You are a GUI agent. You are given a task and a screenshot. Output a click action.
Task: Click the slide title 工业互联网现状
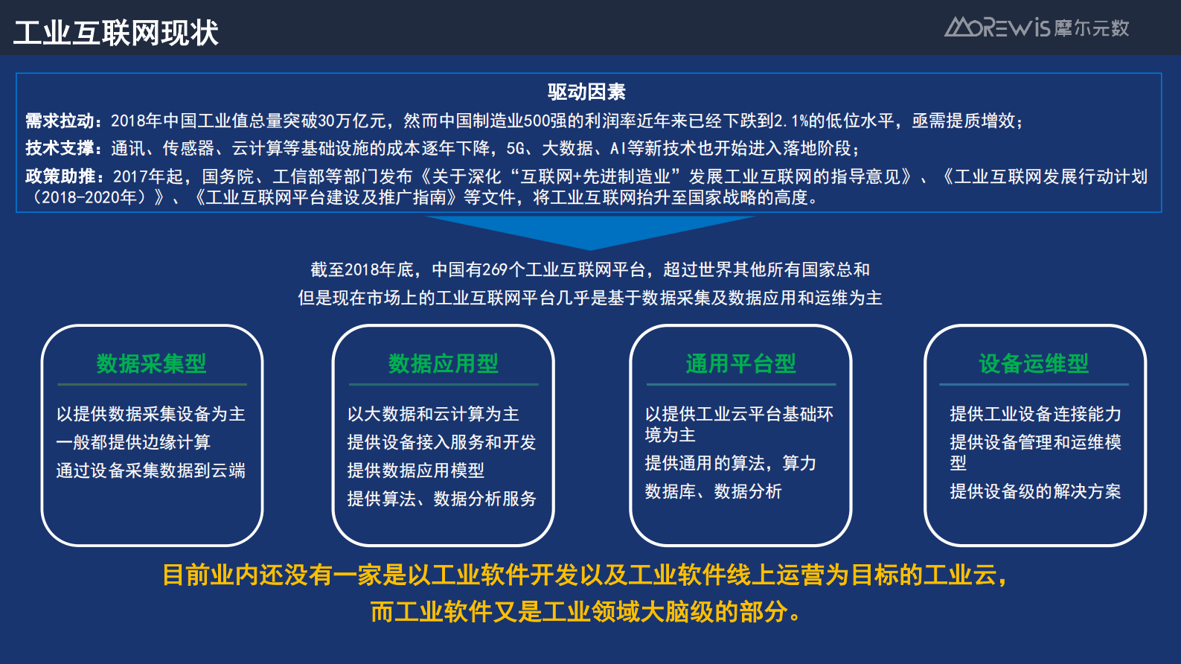(116, 33)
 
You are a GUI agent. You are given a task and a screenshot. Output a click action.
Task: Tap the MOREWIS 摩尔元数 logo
(1037, 28)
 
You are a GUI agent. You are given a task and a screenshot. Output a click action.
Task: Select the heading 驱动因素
(586, 92)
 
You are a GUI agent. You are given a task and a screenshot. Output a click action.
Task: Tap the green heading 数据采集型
(151, 363)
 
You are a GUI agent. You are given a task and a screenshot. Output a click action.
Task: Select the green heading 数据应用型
(443, 363)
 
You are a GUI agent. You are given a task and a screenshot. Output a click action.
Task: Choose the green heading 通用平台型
(740, 363)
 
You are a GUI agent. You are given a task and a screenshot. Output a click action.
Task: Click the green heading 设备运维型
(1034, 363)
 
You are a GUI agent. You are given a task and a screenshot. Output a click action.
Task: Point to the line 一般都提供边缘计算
(133, 442)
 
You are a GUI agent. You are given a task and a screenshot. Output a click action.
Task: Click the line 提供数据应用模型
(415, 470)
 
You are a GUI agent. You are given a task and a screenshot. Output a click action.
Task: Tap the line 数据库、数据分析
(713, 491)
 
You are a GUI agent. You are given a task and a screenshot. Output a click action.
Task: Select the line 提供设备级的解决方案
(1035, 491)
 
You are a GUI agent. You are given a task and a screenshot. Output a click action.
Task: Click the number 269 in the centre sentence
(494, 269)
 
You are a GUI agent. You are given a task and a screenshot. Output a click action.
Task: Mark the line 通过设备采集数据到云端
(150, 470)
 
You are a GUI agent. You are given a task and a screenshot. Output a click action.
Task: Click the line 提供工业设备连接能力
(1035, 414)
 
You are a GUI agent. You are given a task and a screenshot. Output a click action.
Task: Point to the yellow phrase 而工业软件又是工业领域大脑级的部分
(586, 612)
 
